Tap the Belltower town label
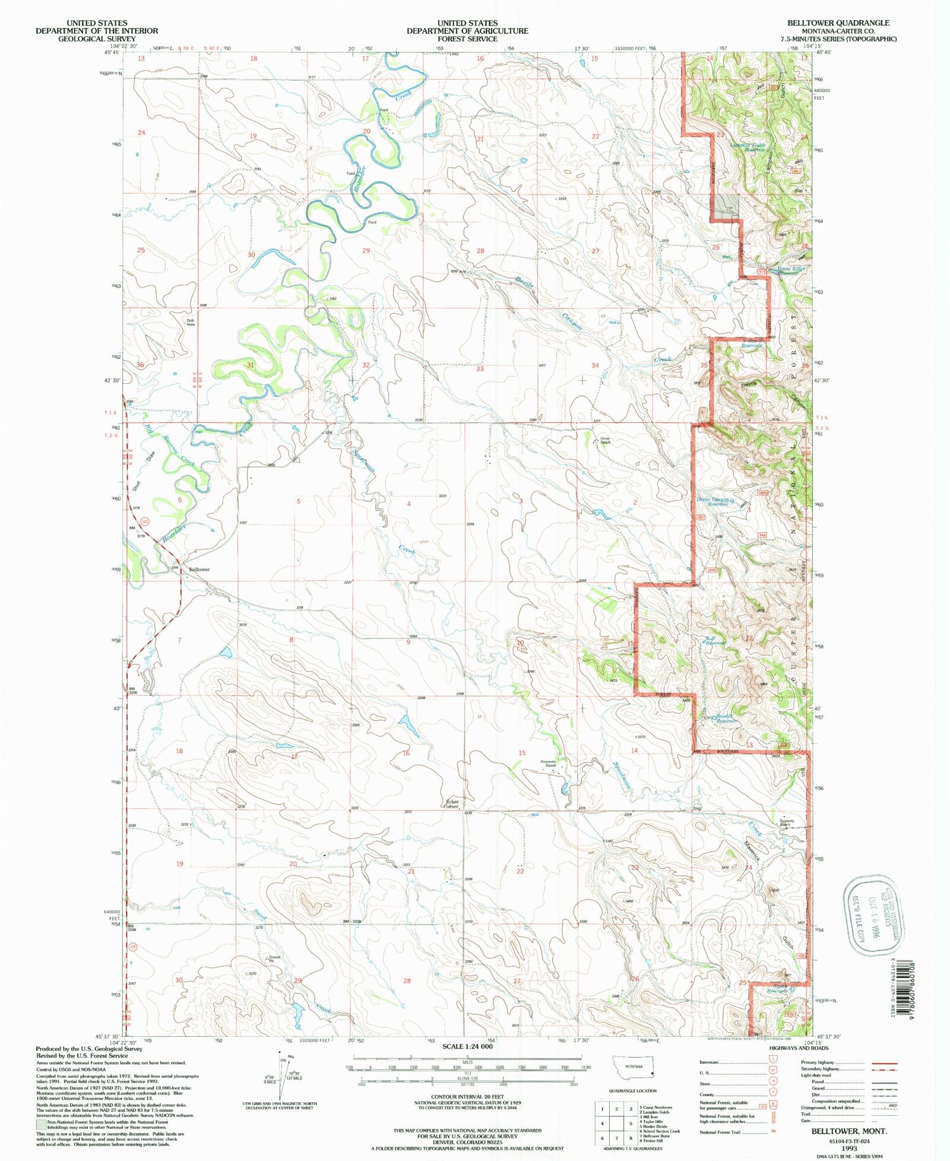point(199,570)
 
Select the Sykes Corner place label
point(452,804)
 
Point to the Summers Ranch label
point(547,764)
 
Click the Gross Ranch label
point(604,441)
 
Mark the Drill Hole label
point(191,322)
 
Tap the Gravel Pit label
point(274,958)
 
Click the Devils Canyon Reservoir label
point(712,502)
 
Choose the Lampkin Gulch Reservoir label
point(748,147)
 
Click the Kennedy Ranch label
point(787,823)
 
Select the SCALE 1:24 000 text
point(467,1046)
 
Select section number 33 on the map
point(480,369)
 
